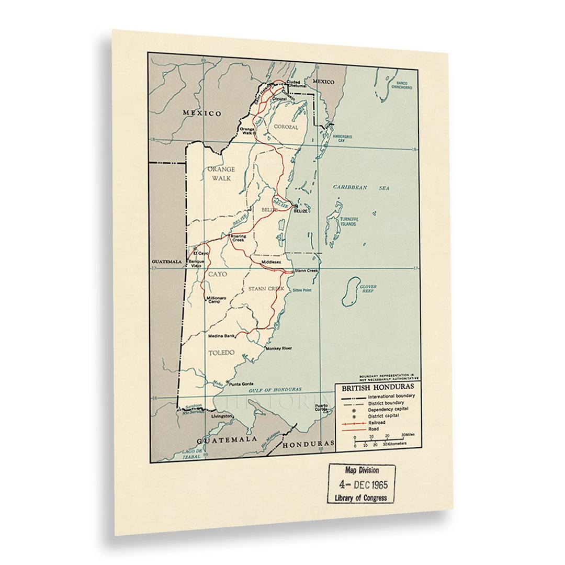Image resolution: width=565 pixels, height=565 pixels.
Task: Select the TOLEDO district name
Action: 221,353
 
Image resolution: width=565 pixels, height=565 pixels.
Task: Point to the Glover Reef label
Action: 368,289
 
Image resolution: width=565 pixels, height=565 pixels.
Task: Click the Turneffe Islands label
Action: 348,221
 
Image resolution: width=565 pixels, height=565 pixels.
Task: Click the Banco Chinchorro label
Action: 402,85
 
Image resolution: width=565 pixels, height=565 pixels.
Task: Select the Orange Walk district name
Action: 221,173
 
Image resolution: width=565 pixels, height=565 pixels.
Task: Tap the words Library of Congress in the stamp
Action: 361,498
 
